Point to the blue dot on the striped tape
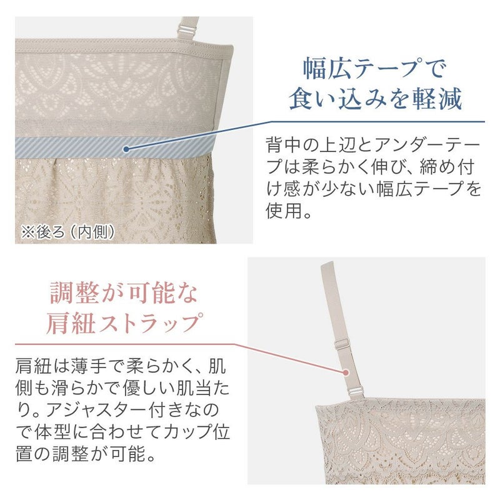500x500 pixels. [x=127, y=149]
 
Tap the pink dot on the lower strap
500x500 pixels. [x=346, y=371]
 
